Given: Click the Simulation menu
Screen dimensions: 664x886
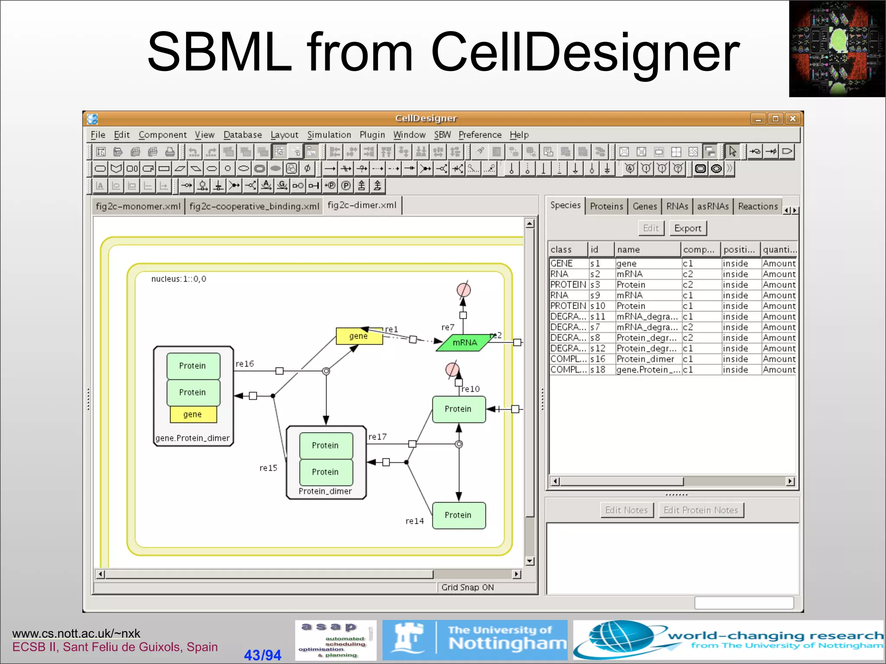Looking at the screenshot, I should point(329,135).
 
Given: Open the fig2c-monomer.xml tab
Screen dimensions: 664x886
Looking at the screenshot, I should point(138,206).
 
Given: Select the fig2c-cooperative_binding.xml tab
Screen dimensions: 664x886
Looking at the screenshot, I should point(254,206).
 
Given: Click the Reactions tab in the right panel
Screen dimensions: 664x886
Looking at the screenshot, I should point(758,206).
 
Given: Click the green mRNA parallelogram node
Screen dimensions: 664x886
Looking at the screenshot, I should point(465,343).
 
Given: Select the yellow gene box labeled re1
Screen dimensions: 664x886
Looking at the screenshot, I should point(359,336).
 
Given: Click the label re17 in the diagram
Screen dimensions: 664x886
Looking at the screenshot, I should point(377,437).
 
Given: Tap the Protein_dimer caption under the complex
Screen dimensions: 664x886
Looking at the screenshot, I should point(325,492).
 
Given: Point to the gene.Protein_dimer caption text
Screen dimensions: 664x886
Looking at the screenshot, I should point(192,438).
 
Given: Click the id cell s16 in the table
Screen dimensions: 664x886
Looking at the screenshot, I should point(597,359).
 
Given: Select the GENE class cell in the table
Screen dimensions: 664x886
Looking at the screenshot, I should point(562,264).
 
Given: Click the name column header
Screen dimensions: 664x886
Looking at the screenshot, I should point(628,250).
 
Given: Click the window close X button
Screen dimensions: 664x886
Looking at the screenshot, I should point(793,118).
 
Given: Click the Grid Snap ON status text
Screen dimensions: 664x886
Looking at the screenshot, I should point(467,587).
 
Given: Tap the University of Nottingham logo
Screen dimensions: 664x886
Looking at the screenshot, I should point(475,640).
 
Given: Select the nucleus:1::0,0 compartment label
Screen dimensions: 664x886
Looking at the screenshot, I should point(179,279).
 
